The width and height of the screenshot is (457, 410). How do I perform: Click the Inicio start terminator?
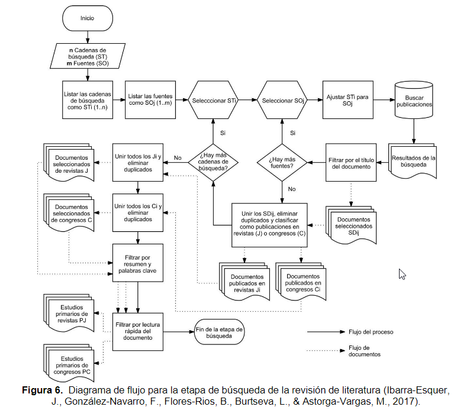pyautogui.click(x=87, y=18)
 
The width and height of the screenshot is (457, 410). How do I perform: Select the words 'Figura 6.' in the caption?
pyautogui.click(x=41, y=391)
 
